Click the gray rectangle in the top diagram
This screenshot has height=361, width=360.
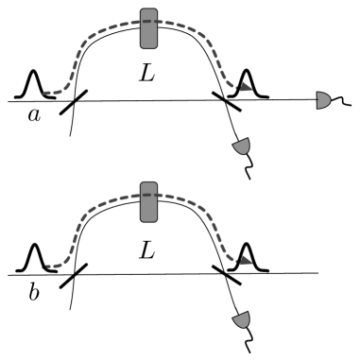pos(148,28)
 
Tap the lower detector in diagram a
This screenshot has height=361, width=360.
pos(243,147)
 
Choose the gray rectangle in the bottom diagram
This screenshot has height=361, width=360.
pos(148,202)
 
